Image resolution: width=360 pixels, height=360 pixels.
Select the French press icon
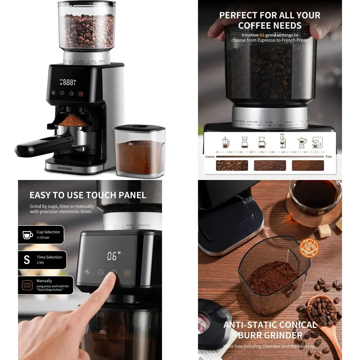coord(226,142)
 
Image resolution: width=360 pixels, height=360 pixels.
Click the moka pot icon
coord(301,143)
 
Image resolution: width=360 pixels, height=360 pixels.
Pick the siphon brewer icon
coord(283,141)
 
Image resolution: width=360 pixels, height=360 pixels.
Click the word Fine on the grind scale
coord(329,157)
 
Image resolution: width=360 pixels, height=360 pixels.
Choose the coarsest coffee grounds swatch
coord(231,165)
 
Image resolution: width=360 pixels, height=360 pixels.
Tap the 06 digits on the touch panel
coord(112,256)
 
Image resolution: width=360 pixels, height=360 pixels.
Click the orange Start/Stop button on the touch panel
coord(127,273)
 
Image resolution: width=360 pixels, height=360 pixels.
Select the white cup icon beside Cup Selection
coord(28,235)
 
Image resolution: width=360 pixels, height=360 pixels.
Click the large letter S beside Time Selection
coord(27,260)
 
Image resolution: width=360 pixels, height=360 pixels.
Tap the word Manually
coord(44,281)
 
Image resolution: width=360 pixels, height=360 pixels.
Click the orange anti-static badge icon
coord(309,248)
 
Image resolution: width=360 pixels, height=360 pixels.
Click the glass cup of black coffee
coord(314,197)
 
